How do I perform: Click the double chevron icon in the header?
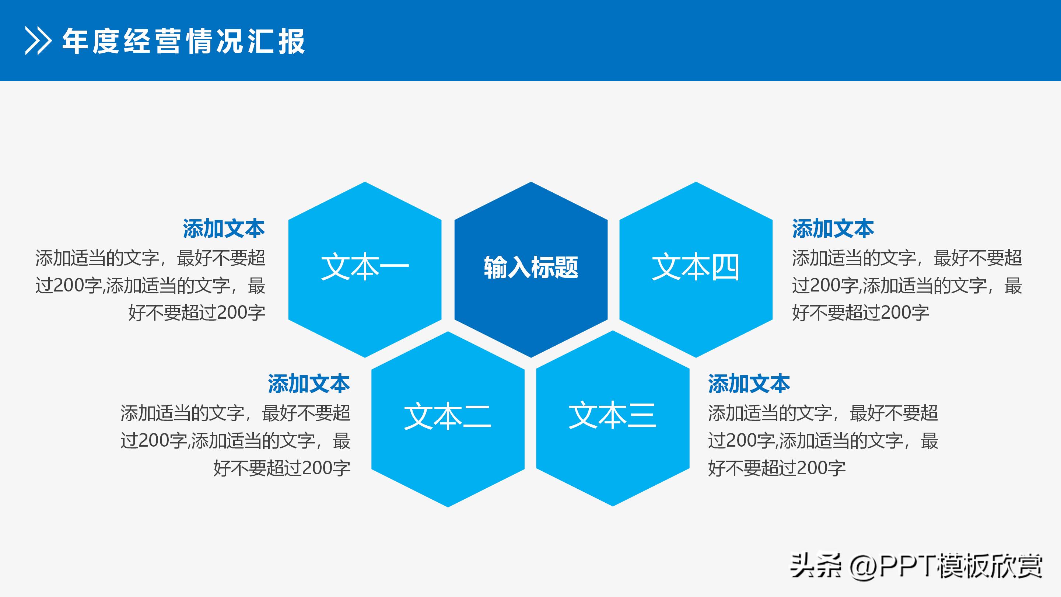point(38,41)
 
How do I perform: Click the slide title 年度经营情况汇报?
point(184,41)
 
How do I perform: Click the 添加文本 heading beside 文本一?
point(224,228)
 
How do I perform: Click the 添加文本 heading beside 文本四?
point(833,228)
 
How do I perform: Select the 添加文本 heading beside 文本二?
point(309,384)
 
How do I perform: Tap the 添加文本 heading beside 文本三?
point(749,384)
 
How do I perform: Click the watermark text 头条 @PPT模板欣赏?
point(915,566)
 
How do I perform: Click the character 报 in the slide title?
point(292,41)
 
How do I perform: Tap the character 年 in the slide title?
point(76,41)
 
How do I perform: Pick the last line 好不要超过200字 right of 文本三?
point(777,468)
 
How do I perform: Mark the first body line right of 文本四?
point(907,258)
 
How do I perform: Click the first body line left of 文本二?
point(235,413)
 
